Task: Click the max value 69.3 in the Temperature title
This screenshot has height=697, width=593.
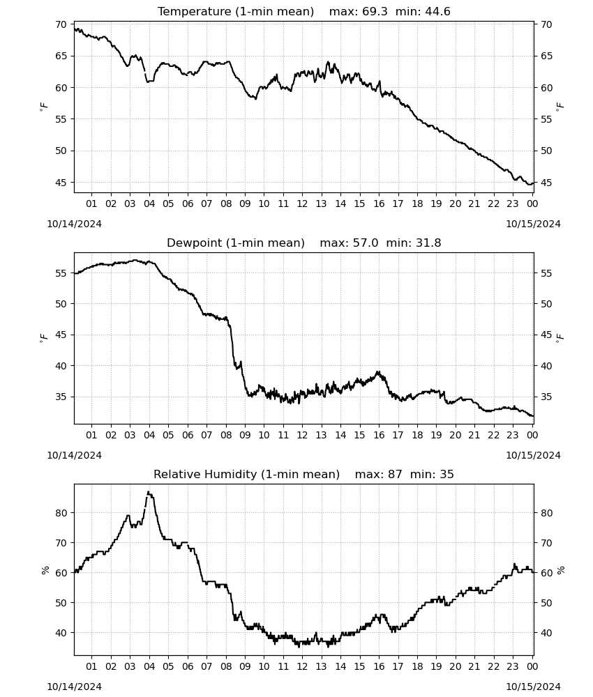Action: click(x=375, y=12)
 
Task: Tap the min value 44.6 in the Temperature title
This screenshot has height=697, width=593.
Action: click(x=437, y=12)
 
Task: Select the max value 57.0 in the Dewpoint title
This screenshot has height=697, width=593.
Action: click(x=366, y=243)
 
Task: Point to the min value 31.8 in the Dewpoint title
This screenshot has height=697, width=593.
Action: click(x=428, y=243)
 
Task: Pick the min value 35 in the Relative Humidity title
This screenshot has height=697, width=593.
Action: click(x=447, y=475)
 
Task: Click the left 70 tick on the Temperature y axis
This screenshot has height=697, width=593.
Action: click(x=61, y=25)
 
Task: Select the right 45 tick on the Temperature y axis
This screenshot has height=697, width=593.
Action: click(x=547, y=183)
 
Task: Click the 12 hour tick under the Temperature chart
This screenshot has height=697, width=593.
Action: click(x=302, y=204)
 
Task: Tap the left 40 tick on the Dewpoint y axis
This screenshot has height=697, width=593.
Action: click(x=61, y=367)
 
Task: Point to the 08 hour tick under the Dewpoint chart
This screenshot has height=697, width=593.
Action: click(x=226, y=435)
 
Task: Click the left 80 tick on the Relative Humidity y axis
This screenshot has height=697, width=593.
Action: click(x=61, y=514)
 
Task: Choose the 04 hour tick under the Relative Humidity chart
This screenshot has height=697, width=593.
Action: click(x=149, y=667)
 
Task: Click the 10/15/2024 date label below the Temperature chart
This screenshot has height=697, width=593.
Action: click(x=533, y=224)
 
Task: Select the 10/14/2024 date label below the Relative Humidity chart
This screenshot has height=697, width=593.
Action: click(x=74, y=687)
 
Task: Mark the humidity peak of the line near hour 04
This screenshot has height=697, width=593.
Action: click(x=149, y=492)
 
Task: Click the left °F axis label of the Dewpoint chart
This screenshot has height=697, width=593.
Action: click(x=43, y=339)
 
